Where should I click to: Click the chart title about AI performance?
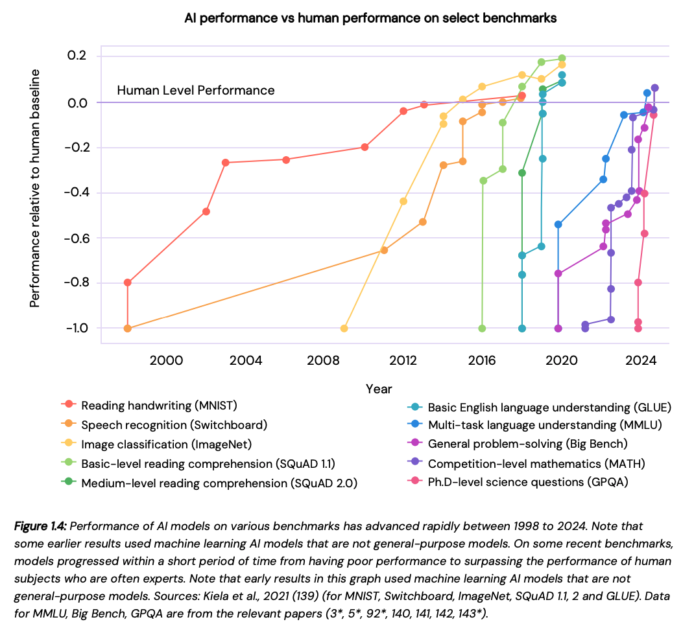tap(370, 18)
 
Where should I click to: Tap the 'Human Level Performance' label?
tap(196, 91)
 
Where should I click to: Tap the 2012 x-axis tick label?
tap(403, 361)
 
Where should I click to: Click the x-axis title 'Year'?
tap(379, 389)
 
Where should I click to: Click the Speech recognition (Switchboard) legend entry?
tap(174, 425)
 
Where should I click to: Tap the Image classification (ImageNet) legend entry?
tap(166, 444)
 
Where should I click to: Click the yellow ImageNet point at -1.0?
tap(344, 329)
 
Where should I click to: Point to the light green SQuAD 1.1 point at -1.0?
tap(482, 329)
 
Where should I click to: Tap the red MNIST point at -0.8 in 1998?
tap(128, 283)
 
